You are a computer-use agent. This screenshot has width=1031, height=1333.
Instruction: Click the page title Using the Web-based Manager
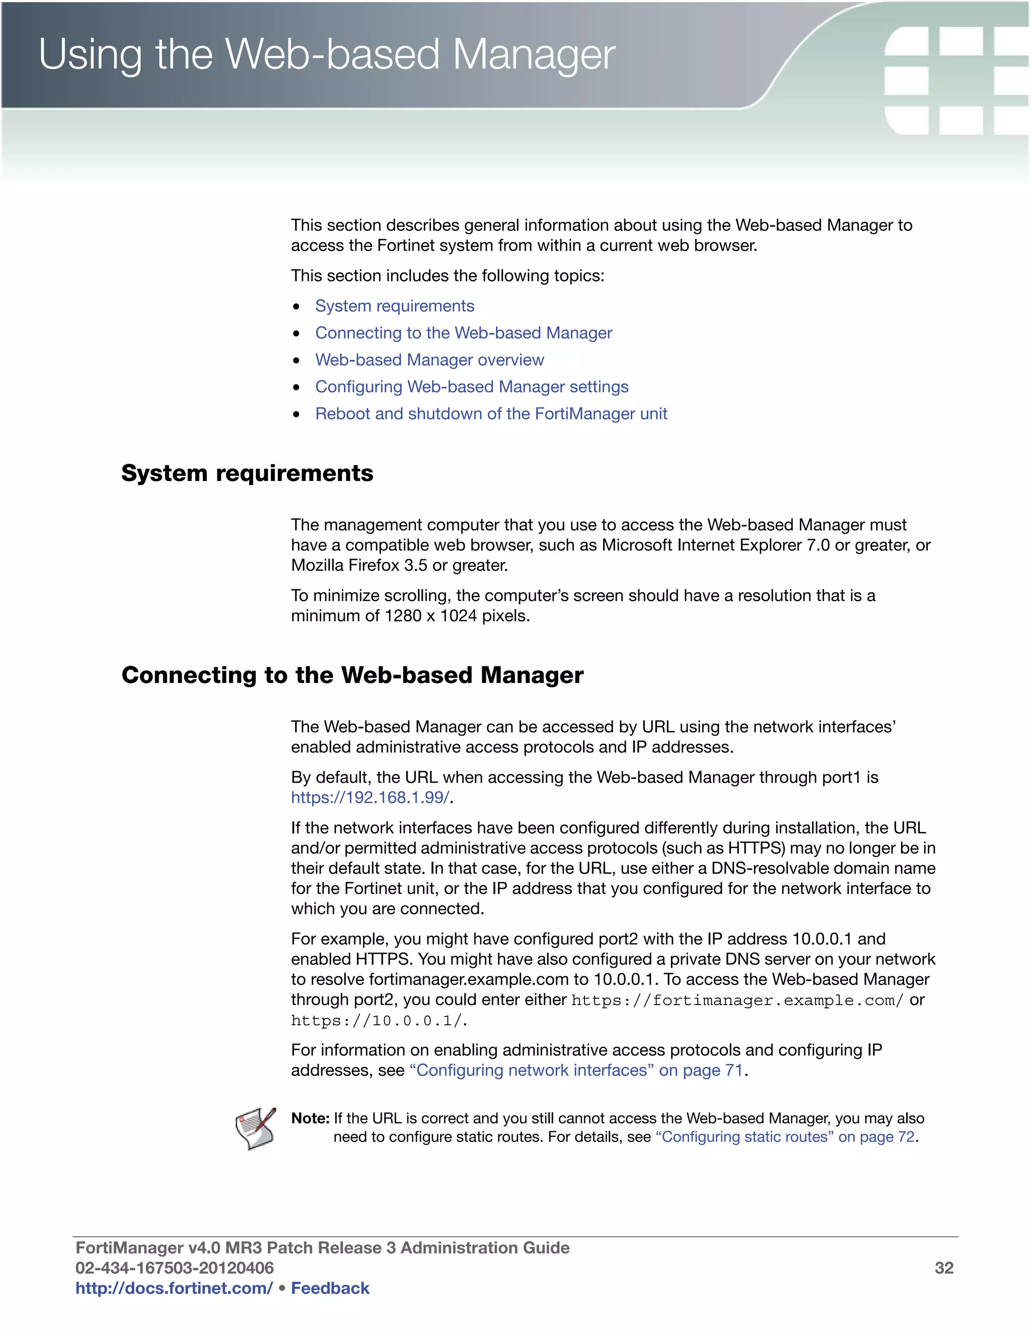point(327,55)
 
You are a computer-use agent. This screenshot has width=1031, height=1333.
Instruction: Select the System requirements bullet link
point(395,306)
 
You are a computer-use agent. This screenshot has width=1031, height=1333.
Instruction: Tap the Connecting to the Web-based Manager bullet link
point(463,332)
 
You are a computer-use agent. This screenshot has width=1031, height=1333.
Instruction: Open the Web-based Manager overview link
point(429,360)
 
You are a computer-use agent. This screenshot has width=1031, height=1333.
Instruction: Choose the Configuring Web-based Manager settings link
point(472,386)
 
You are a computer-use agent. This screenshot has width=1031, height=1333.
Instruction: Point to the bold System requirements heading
point(247,473)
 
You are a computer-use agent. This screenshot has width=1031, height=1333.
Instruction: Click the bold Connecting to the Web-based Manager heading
point(352,675)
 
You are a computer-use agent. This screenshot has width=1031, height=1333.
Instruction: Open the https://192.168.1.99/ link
point(370,798)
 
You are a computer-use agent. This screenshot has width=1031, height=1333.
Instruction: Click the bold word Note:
point(310,1118)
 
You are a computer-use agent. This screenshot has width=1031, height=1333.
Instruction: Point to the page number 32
point(944,1268)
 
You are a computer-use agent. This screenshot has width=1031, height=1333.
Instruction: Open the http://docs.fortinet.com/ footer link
point(174,1288)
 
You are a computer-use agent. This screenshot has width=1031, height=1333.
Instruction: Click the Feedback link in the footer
point(330,1288)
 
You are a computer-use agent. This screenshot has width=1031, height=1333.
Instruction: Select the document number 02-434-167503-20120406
point(175,1268)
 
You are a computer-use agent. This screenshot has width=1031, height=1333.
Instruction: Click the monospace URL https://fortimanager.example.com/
point(737,1001)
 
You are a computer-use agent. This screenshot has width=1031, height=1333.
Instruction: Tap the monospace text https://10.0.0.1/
point(378,1021)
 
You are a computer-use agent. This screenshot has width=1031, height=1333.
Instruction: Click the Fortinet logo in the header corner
point(956,80)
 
